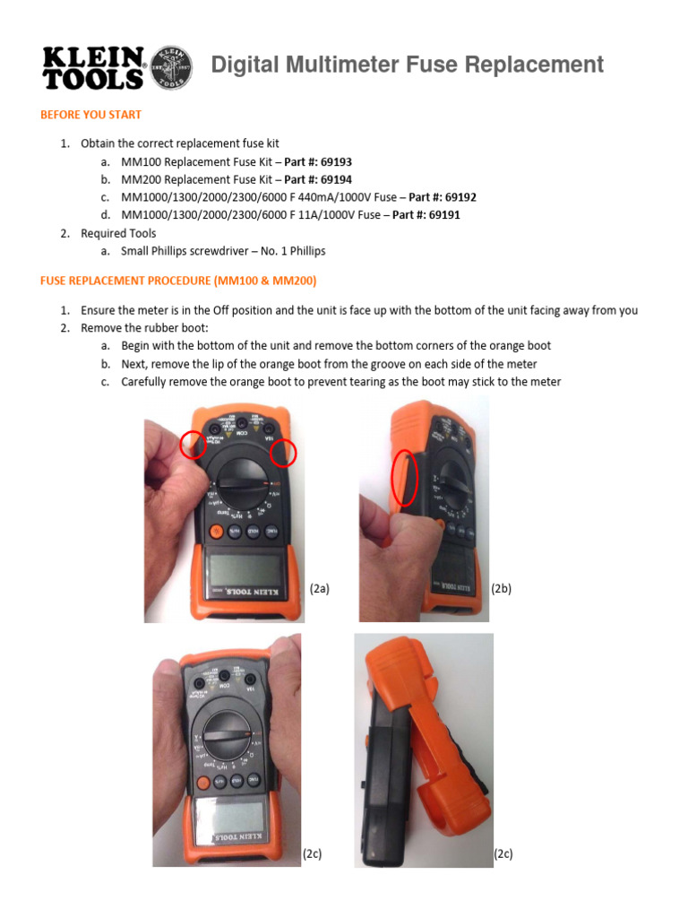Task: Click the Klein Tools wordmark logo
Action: [93, 67]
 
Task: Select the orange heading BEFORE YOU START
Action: [90, 115]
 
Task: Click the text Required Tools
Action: [118, 233]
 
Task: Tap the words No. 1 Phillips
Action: [292, 251]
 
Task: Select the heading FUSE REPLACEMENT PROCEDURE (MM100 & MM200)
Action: [178, 280]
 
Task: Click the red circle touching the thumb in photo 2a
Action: [192, 444]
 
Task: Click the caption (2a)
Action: [320, 589]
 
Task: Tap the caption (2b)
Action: [501, 589]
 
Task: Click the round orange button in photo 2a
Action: [215, 532]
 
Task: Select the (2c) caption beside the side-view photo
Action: [503, 854]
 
